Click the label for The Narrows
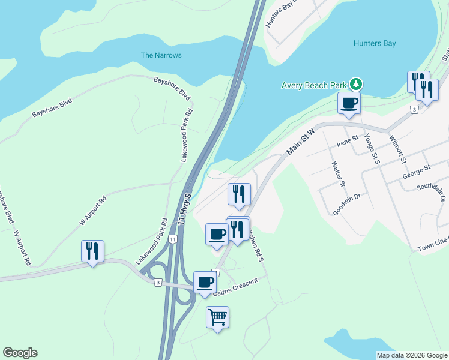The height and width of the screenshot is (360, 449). [x=161, y=55]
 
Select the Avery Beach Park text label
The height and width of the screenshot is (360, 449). [x=314, y=85]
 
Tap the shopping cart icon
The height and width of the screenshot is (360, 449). [x=217, y=316]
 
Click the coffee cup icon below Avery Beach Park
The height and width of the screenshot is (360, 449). [x=349, y=103]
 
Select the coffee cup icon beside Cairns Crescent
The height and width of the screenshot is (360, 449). [x=205, y=281]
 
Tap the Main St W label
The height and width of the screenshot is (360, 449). [x=300, y=142]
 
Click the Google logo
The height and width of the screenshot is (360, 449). [x=20, y=353]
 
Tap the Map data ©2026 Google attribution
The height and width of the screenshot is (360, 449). [x=411, y=355]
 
